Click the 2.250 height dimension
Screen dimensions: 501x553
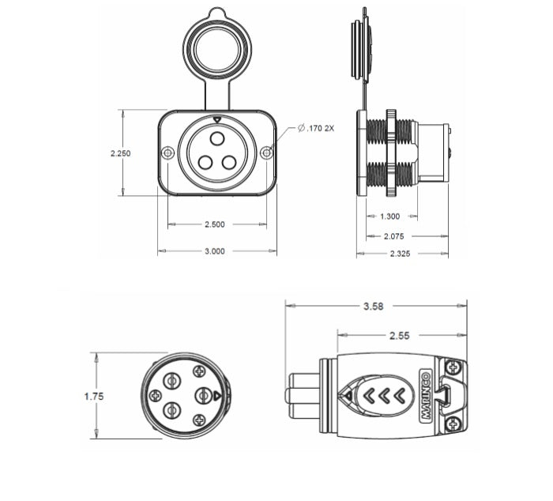coord(121,153)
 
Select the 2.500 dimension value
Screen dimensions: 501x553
coord(215,224)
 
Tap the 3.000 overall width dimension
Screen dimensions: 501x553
coord(215,251)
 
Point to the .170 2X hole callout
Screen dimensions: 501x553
coord(316,128)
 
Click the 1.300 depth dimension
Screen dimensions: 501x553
coord(389,216)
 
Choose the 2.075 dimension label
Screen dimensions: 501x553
coord(394,235)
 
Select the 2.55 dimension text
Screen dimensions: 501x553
coord(399,335)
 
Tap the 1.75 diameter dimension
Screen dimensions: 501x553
coord(94,396)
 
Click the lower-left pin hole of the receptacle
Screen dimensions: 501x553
coord(205,162)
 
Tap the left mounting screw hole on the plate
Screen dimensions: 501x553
coord(167,153)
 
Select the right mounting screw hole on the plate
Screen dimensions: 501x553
coord(267,153)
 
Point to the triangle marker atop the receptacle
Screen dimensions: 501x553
coord(217,120)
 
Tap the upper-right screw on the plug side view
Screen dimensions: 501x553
coord(453,367)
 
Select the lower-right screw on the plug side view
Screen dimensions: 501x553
coord(453,425)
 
